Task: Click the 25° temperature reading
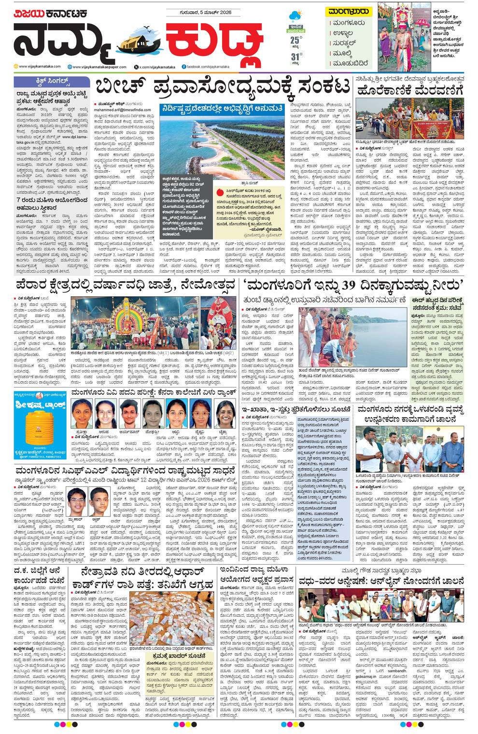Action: pos(296,41)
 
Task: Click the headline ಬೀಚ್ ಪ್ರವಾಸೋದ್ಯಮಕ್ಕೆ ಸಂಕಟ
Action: pos(223,88)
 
